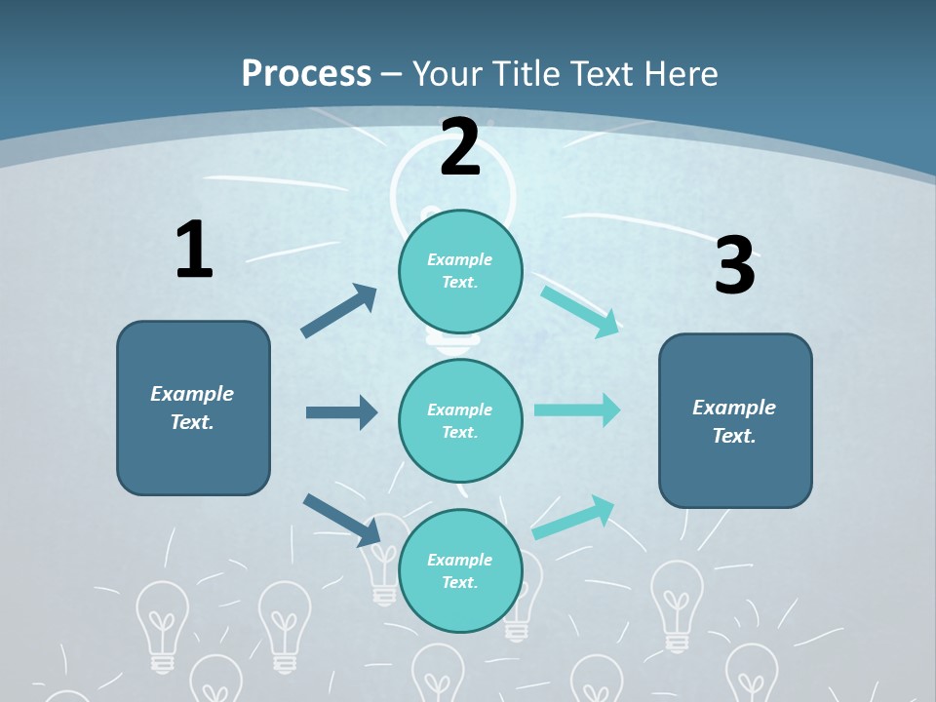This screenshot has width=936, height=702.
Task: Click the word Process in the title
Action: point(306,73)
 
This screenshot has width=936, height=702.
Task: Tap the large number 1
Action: point(194,250)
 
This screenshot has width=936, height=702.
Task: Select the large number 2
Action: point(460,148)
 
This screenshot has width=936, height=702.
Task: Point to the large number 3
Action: point(734,266)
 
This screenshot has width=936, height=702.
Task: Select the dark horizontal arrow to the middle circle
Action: point(341,412)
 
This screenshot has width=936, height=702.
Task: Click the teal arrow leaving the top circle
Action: point(580,311)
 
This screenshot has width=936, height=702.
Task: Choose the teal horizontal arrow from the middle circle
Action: point(577,409)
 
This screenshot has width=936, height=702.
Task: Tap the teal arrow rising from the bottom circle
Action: point(573,517)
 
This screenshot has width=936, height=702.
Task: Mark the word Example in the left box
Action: point(192,394)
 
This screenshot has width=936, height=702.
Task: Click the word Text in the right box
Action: point(733,436)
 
